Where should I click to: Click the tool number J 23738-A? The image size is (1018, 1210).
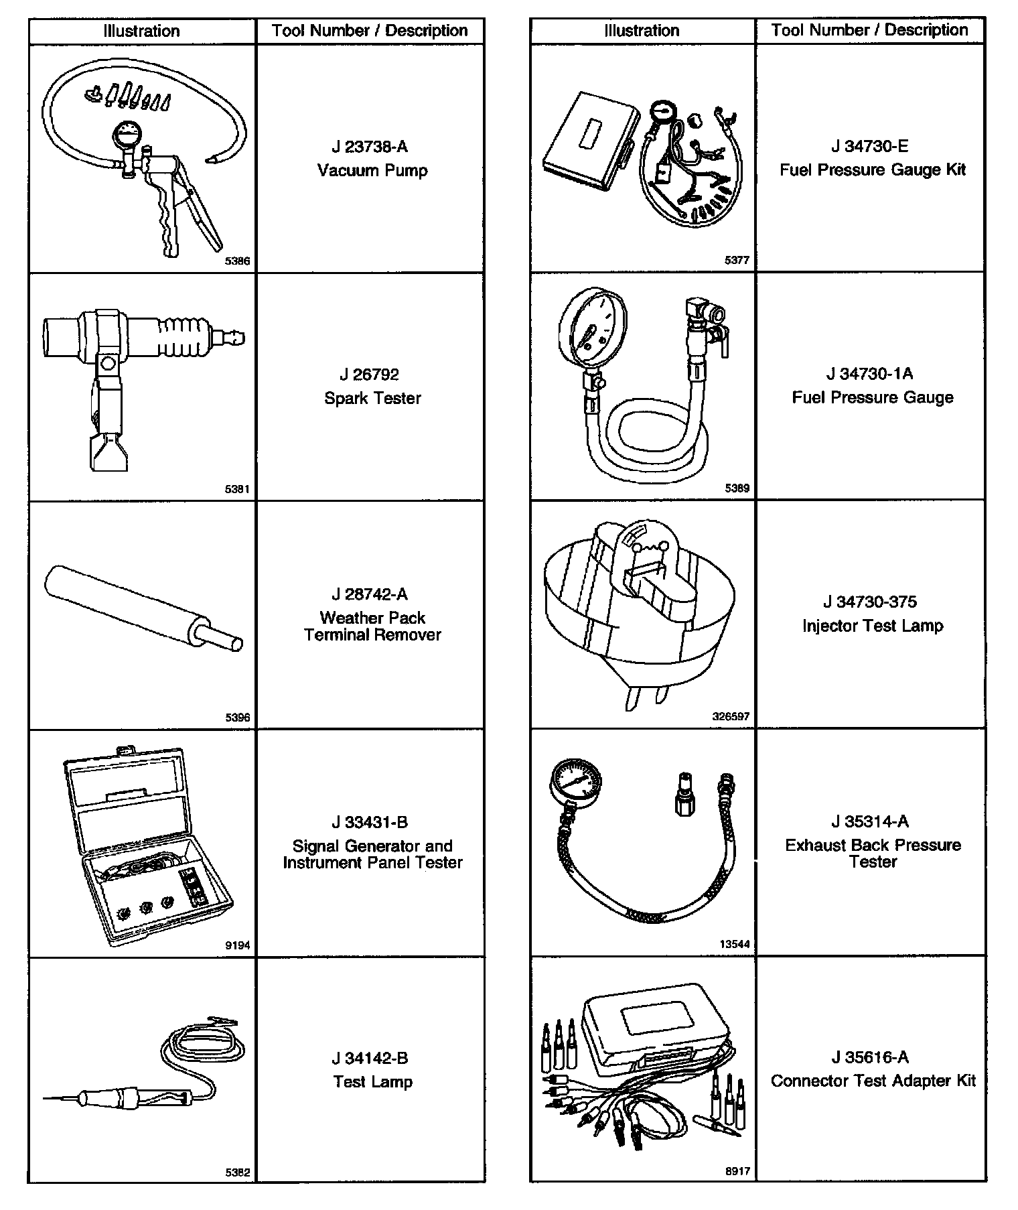[370, 147]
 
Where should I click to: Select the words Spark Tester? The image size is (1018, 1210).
[372, 398]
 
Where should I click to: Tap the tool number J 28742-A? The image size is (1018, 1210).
[370, 594]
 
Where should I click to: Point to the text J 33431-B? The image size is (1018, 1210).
[370, 822]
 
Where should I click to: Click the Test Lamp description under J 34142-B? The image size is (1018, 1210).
[373, 1081]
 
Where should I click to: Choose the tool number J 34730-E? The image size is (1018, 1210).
[870, 146]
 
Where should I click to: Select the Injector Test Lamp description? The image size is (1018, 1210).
[873, 626]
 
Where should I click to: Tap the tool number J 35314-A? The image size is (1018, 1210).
[870, 821]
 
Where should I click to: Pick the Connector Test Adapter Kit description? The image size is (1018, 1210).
[873, 1081]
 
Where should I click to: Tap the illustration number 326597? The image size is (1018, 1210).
[731, 716]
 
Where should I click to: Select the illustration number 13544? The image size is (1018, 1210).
[734, 944]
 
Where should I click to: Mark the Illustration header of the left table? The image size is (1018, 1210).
[141, 31]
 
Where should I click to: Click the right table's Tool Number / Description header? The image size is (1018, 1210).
[869, 30]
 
